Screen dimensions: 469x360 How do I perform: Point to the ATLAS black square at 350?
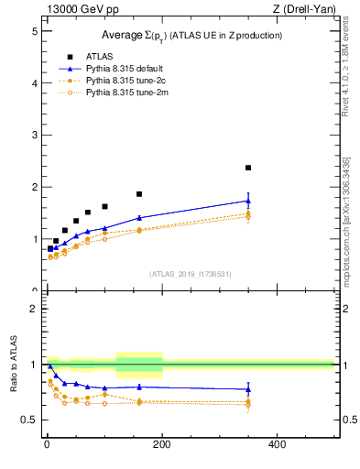pyautogui.click(x=248, y=168)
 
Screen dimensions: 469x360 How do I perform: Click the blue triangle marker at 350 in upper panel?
pyautogui.click(x=248, y=201)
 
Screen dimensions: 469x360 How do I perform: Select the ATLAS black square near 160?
pyautogui.click(x=139, y=194)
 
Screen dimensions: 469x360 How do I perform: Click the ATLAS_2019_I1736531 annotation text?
pyautogui.click(x=191, y=274)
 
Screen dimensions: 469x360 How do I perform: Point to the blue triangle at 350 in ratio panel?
pyautogui.click(x=248, y=389)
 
